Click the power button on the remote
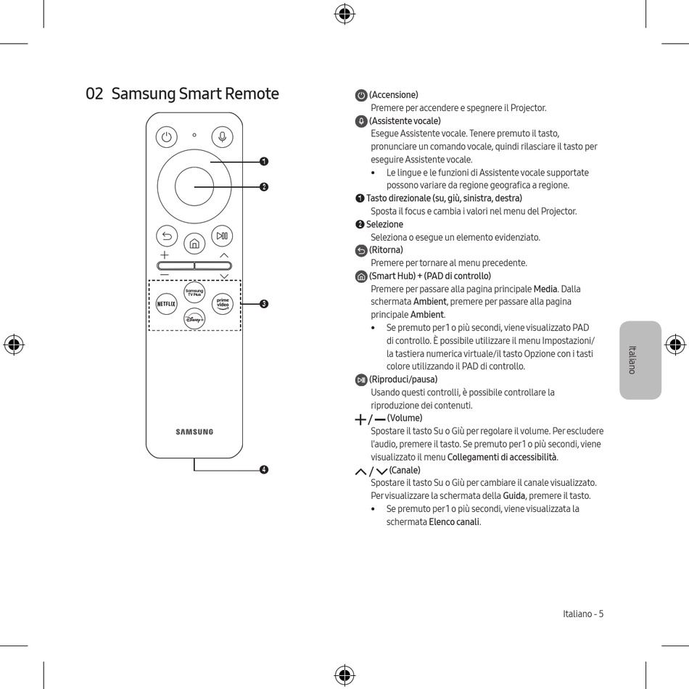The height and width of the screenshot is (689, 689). (x=167, y=136)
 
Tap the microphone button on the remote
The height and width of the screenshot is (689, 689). (x=223, y=136)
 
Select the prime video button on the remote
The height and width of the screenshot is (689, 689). (x=223, y=304)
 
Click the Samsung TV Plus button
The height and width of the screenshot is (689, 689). (x=194, y=292)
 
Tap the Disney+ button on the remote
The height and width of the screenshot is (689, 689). (x=194, y=318)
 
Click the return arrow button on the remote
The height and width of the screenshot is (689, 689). (x=167, y=236)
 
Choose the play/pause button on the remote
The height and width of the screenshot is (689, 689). (x=223, y=236)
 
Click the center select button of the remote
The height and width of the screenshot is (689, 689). (x=194, y=186)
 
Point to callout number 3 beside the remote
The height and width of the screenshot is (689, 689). (x=264, y=303)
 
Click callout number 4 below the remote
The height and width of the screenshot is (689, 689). (x=264, y=470)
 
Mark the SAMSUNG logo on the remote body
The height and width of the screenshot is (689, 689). (x=194, y=432)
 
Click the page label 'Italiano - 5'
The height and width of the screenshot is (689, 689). (x=583, y=614)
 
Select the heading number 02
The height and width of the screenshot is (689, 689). (x=94, y=94)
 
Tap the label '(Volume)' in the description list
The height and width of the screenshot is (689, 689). (x=405, y=418)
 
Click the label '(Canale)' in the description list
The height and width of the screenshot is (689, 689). (x=405, y=470)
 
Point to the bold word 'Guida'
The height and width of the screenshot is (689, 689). (x=514, y=496)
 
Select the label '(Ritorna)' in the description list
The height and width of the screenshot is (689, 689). (x=386, y=250)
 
